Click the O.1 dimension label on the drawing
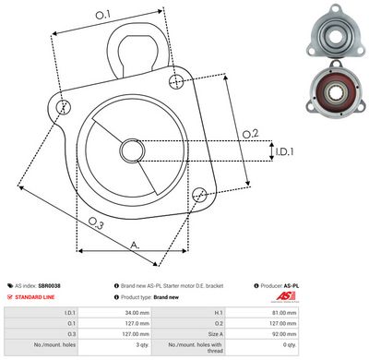click(102, 15)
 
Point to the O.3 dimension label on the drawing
click(96, 222)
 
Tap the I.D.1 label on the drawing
click(284, 150)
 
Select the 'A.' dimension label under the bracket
click(135, 245)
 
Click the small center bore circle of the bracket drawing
click(130, 150)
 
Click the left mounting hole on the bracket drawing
click(63, 107)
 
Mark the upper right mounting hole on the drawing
click(176, 83)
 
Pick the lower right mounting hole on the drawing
click(199, 193)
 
